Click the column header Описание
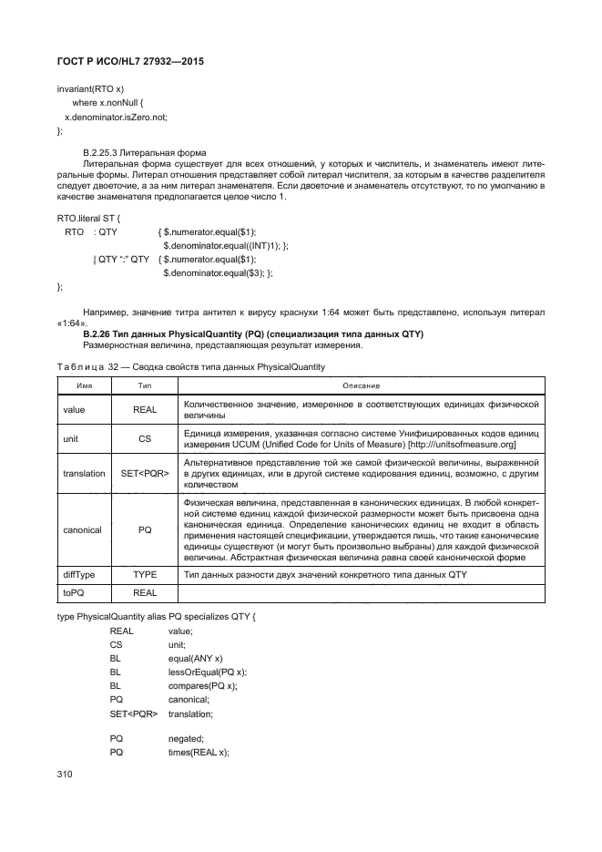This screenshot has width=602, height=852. pos(361,385)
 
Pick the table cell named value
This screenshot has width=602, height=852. pos(74,410)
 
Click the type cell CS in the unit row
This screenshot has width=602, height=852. pos(145,438)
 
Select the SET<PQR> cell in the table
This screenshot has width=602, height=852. pos(145,473)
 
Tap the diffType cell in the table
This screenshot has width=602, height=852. pos(79,575)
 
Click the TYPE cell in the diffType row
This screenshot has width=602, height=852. pos(145,575)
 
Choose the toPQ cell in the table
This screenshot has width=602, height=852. pos(74,593)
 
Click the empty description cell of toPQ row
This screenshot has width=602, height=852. pos(361,593)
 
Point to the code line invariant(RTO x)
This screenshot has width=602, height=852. pos(91,90)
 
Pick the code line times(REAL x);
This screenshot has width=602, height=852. pos(199,752)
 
